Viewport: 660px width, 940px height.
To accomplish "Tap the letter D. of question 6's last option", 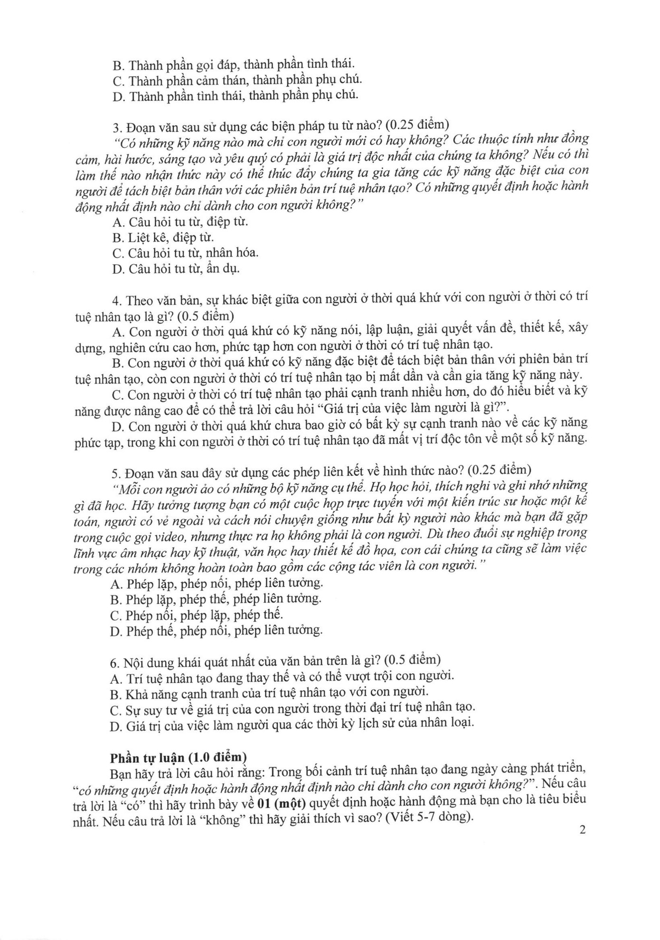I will click(x=115, y=724).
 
